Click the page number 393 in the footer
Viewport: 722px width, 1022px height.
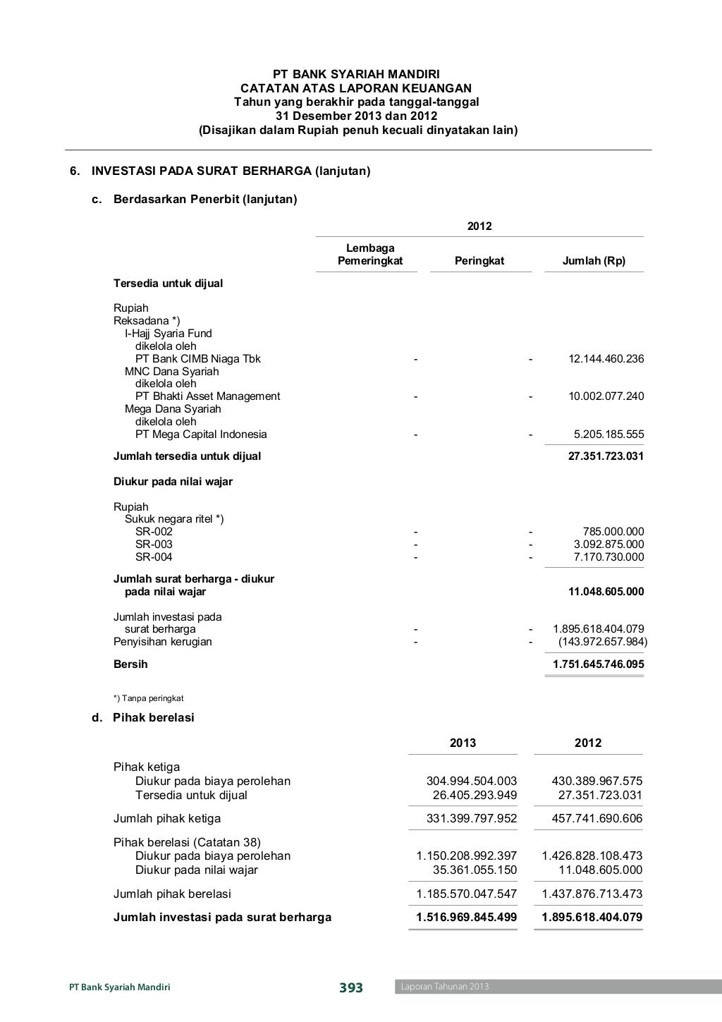coord(350,987)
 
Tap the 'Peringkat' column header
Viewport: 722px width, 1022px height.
coord(479,261)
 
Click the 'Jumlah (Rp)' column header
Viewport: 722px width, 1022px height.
coord(594,261)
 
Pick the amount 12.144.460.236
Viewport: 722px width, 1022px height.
coord(606,359)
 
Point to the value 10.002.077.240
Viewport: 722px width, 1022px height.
coord(606,396)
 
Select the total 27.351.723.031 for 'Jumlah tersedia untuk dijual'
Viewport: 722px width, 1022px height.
coord(606,456)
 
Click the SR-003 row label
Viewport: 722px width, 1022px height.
coord(154,545)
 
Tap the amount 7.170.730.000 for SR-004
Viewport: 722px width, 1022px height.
coord(608,557)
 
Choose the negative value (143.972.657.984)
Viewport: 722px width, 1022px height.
coord(602,642)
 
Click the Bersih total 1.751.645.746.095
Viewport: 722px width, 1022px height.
coord(598,664)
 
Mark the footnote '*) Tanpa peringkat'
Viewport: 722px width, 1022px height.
coord(148,698)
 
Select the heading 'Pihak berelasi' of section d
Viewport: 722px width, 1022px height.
coord(154,718)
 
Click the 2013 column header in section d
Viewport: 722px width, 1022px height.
coord(463,743)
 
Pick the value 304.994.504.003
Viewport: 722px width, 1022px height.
coord(472,781)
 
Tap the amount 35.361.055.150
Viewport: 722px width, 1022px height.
coord(475,870)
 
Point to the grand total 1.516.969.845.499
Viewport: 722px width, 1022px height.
coord(466,918)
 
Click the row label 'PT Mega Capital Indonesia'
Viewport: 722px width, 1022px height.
coord(201,434)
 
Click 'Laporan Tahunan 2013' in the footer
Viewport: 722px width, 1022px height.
coord(445,987)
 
